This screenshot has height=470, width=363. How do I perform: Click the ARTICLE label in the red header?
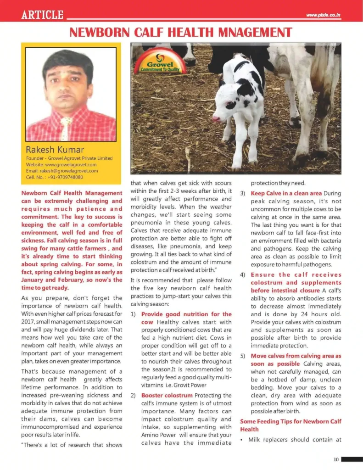click(x=42, y=15)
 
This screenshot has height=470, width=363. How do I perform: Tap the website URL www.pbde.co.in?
click(x=324, y=15)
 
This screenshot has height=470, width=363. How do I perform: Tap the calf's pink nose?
click(x=216, y=119)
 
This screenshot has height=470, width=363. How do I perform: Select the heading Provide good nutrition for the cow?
click(x=186, y=318)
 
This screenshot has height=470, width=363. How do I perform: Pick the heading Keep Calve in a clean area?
click(x=286, y=193)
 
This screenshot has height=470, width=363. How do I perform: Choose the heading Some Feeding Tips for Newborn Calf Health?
click(x=290, y=425)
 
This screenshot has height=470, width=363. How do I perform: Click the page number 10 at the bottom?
click(x=336, y=459)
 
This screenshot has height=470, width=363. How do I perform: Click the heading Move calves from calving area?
click(x=296, y=356)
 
